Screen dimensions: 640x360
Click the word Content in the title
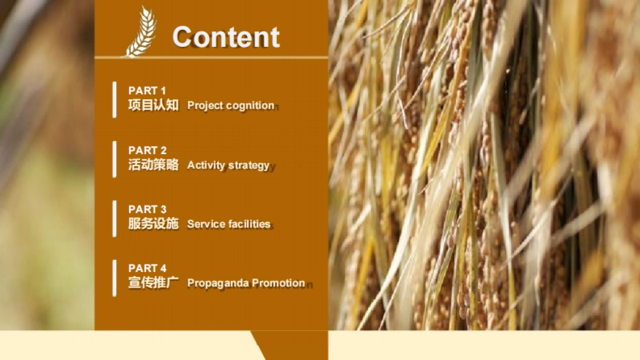pyautogui.click(x=226, y=37)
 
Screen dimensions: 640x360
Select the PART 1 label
pyautogui.click(x=147, y=91)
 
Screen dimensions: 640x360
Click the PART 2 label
pyautogui.click(x=147, y=150)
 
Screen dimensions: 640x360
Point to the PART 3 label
pyautogui.click(x=147, y=210)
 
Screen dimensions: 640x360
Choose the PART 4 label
pyautogui.click(x=147, y=268)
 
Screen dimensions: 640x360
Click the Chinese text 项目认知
pyautogui.click(x=154, y=105)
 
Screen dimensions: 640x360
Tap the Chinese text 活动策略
pyautogui.click(x=154, y=165)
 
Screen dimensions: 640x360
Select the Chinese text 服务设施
pyautogui.click(x=154, y=223)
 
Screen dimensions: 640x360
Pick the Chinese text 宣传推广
pyautogui.click(x=154, y=283)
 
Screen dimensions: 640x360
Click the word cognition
pyautogui.click(x=250, y=106)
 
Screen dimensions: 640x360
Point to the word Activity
pyautogui.click(x=206, y=165)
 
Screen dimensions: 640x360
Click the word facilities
pyautogui.click(x=250, y=224)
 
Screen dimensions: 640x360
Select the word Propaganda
pyautogui.click(x=218, y=283)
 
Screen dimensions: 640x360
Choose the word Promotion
pyautogui.click(x=278, y=283)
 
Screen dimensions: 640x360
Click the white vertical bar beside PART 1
pyautogui.click(x=115, y=100)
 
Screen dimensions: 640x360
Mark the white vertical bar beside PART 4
pyautogui.click(x=115, y=278)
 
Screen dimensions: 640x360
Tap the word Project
pyautogui.click(x=205, y=106)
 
